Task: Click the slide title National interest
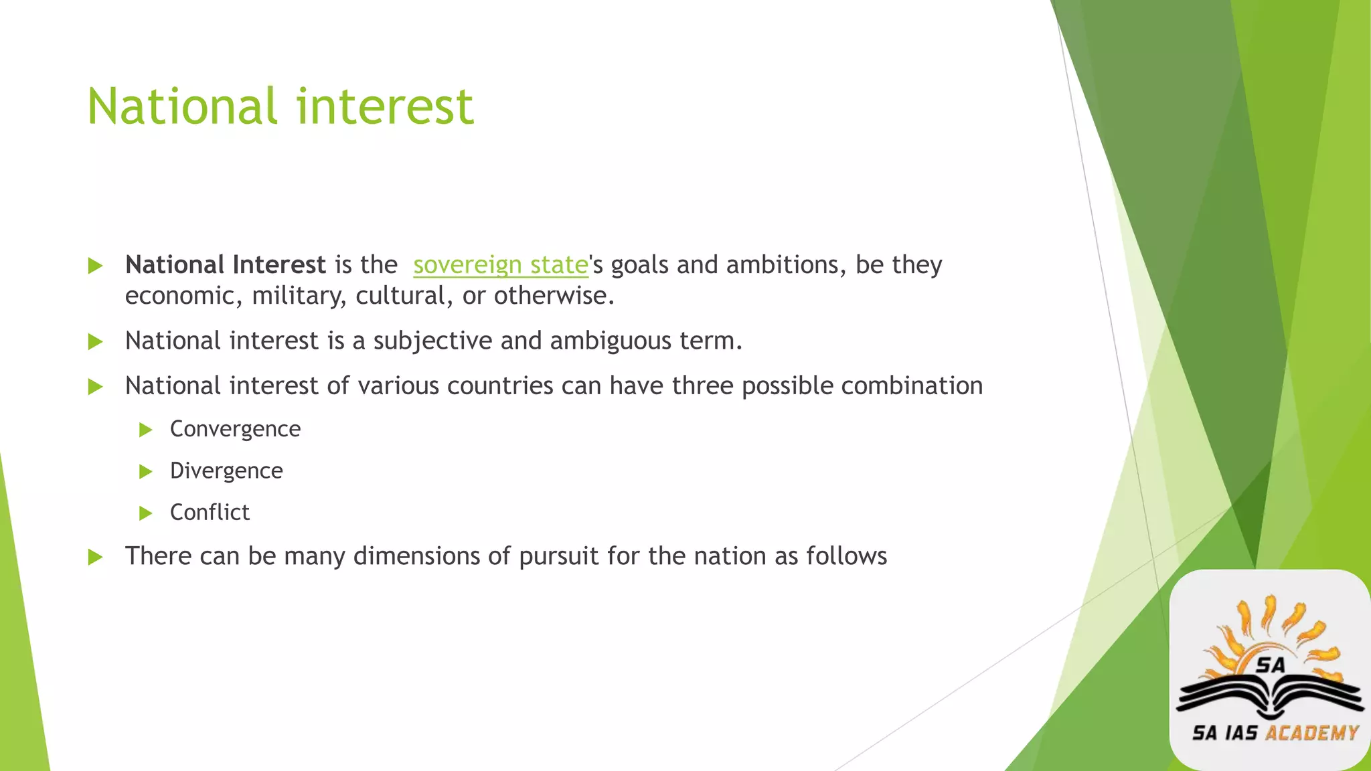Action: click(x=280, y=107)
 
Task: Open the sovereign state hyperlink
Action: click(x=500, y=265)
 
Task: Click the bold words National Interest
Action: click(x=225, y=265)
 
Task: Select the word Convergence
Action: click(x=235, y=429)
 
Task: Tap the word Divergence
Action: click(x=226, y=471)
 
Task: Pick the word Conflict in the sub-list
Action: click(x=210, y=513)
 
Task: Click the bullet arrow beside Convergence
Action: click(x=146, y=430)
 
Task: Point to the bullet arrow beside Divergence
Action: click(x=146, y=472)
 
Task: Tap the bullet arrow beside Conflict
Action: click(x=146, y=513)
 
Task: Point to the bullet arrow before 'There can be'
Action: click(x=96, y=557)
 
